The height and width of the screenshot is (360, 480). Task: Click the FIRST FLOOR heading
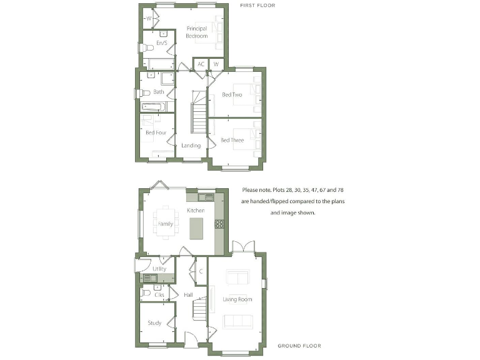pyautogui.click(x=257, y=6)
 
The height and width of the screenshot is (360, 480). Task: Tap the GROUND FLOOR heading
pyautogui.click(x=299, y=346)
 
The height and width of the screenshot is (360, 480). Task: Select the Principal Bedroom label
pyautogui.click(x=196, y=32)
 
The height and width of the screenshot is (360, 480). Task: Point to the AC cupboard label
pyautogui.click(x=201, y=64)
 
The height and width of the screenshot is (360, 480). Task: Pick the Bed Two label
pyautogui.click(x=232, y=95)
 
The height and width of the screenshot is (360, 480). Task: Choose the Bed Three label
pyautogui.click(x=232, y=141)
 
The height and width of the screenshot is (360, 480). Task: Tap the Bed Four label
pyautogui.click(x=156, y=133)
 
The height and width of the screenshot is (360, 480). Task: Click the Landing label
pyautogui.click(x=191, y=146)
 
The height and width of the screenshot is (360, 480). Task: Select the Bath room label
pyautogui.click(x=159, y=92)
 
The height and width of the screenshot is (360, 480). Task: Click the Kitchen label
pyautogui.click(x=196, y=211)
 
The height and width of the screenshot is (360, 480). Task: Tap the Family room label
pyautogui.click(x=166, y=224)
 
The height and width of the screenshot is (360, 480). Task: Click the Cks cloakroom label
pyautogui.click(x=159, y=294)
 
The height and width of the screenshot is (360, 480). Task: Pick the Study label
pyautogui.click(x=154, y=323)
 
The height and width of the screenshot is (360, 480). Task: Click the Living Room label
pyautogui.click(x=237, y=299)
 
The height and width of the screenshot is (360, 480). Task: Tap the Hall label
pyautogui.click(x=187, y=294)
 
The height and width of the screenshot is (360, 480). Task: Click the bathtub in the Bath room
pyautogui.click(x=154, y=106)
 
